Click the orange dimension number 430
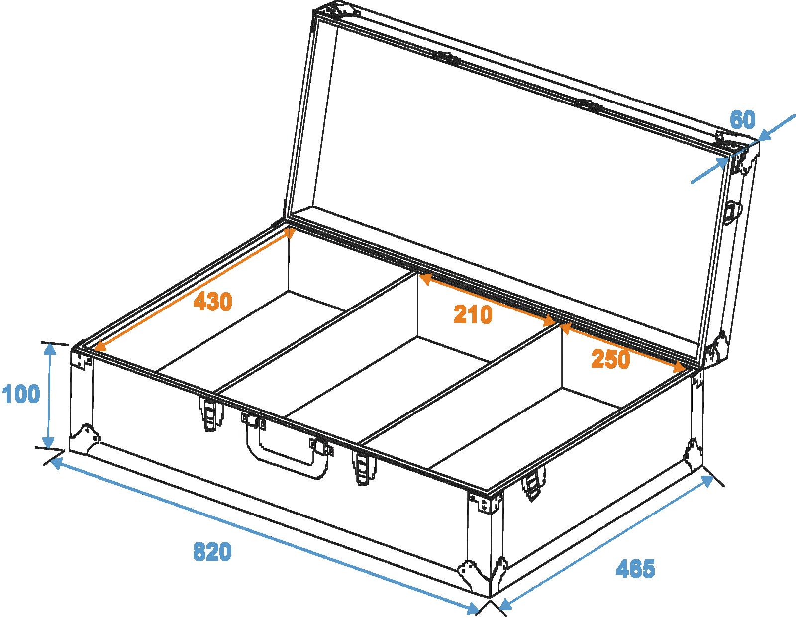(213, 302)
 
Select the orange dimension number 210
(473, 314)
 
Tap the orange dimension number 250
(610, 359)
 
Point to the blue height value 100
(21, 394)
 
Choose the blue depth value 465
(635, 569)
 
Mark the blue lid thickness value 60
(743, 119)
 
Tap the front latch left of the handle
(209, 413)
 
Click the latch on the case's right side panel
(534, 483)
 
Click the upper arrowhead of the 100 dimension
(50, 350)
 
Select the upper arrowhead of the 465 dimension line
(707, 481)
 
